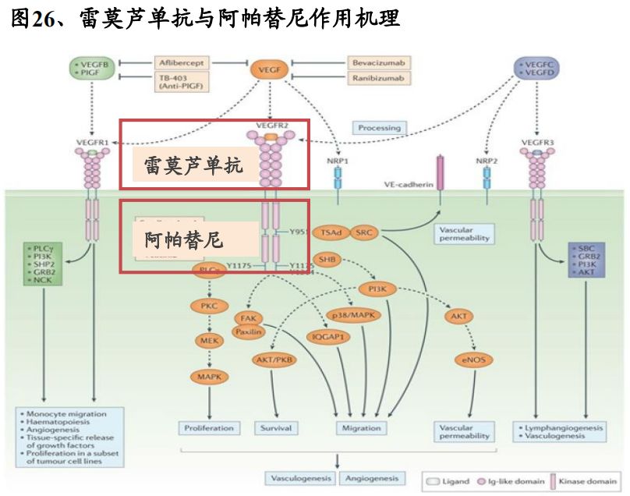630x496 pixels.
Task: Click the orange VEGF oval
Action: (269, 70)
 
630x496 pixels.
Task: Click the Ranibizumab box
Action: (377, 78)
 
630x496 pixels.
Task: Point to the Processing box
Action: (379, 127)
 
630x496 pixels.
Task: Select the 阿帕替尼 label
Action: (185, 239)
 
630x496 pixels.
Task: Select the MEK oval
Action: (209, 340)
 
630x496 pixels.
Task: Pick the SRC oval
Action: (364, 232)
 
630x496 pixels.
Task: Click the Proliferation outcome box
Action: (209, 427)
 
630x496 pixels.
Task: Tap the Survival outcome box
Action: (276, 427)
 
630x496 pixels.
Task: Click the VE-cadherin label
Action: (404, 185)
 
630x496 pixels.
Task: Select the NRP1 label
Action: (337, 160)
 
